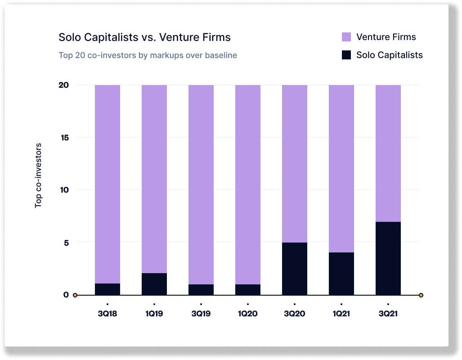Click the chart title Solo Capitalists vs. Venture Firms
pyautogui.click(x=144, y=37)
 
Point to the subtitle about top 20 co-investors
pyautogui.click(x=148, y=55)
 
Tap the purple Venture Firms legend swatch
pyautogui.click(x=346, y=37)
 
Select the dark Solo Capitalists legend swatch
pyautogui.click(x=346, y=55)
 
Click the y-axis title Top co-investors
pyautogui.click(x=39, y=175)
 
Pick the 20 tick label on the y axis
pyautogui.click(x=64, y=85)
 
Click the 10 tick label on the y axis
pyautogui.click(x=64, y=190)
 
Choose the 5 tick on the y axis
pyautogui.click(x=66, y=242)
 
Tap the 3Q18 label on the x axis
pyautogui.click(x=108, y=314)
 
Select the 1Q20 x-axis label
pyautogui.click(x=248, y=314)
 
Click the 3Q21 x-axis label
pyautogui.click(x=388, y=314)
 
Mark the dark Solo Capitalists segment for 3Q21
pyautogui.click(x=388, y=258)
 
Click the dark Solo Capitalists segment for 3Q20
pyautogui.click(x=295, y=269)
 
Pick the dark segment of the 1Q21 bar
pyautogui.click(x=341, y=274)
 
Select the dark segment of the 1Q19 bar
pyautogui.click(x=154, y=284)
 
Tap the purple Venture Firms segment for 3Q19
pyautogui.click(x=201, y=184)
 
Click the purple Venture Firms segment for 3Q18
pyautogui.click(x=108, y=184)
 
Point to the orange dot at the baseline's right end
pyautogui.click(x=421, y=295)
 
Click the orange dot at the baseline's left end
pyautogui.click(x=75, y=295)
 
